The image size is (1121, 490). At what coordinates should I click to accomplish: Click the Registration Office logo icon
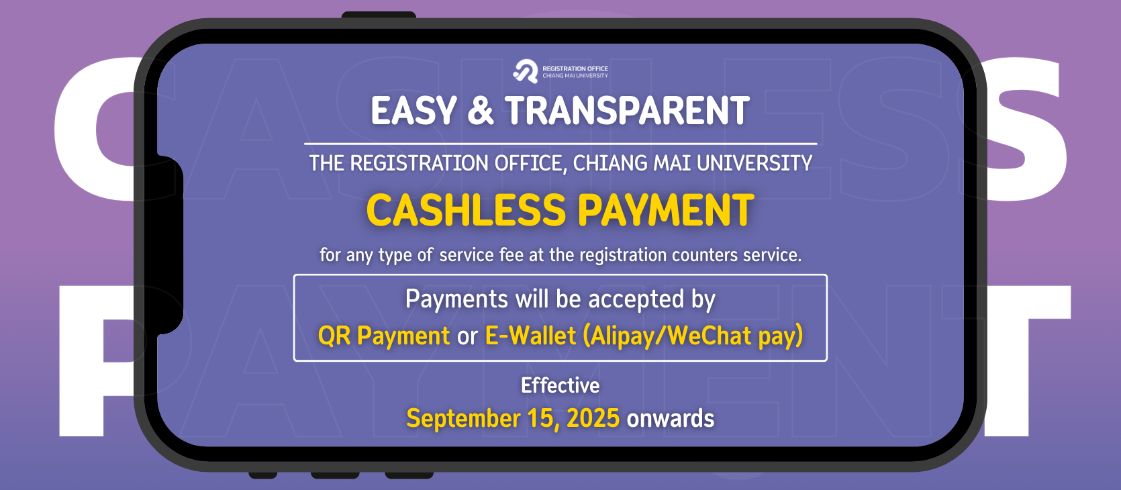[525, 72]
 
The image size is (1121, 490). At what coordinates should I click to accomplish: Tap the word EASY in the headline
[413, 111]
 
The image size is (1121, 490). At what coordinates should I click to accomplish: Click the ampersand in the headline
[481, 111]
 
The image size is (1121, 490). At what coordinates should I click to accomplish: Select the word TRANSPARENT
[627, 111]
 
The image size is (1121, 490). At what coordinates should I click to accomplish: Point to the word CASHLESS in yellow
[466, 210]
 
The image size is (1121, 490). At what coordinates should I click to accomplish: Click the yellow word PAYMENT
[666, 210]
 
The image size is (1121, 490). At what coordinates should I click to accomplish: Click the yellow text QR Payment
[384, 336]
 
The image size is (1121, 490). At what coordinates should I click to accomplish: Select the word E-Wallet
[530, 336]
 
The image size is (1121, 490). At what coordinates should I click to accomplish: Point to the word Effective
[560, 385]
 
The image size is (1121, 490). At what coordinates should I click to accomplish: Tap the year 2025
[593, 418]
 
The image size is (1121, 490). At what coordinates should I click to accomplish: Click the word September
[463, 419]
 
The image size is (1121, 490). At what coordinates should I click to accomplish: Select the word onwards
[670, 418]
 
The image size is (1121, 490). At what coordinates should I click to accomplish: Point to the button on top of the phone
[379, 15]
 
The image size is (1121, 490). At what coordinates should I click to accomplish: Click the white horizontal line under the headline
[560, 144]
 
